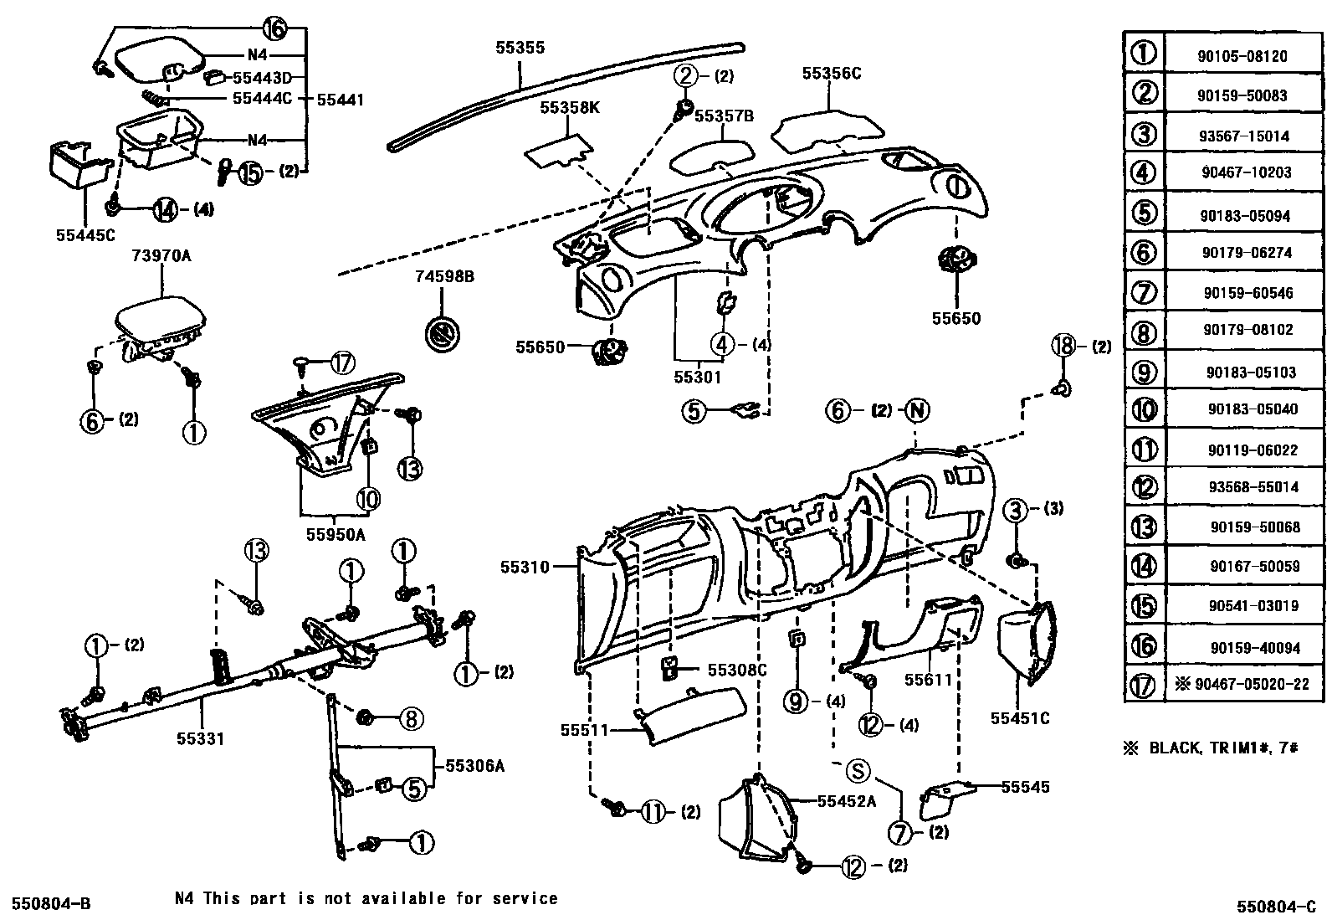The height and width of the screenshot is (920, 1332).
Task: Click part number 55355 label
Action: click(x=519, y=48)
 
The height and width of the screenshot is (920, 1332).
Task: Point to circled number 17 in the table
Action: click(x=1143, y=685)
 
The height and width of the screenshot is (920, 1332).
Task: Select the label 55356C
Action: click(x=831, y=74)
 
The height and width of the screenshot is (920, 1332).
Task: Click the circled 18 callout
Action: click(x=1062, y=346)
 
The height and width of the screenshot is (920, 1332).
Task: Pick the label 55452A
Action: click(x=846, y=801)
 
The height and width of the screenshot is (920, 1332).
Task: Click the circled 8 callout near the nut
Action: click(x=410, y=718)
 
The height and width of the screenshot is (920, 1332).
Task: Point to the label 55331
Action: click(x=200, y=738)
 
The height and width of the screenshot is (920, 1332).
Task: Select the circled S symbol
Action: click(x=858, y=771)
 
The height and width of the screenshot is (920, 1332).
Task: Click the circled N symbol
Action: click(x=917, y=410)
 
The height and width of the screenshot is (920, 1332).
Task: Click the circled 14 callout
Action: click(x=165, y=209)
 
